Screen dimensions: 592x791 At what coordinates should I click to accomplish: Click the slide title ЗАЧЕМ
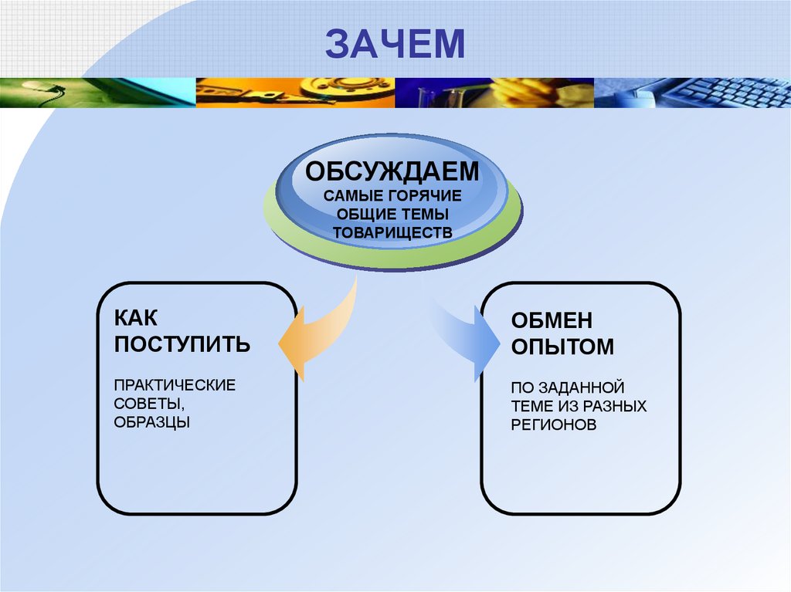395,44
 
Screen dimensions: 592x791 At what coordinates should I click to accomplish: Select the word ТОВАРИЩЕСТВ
392,232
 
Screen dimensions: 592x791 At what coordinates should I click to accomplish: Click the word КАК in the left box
135,317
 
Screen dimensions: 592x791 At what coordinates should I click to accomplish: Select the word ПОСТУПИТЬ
182,343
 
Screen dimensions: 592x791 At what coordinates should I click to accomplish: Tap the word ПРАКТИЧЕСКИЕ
175,384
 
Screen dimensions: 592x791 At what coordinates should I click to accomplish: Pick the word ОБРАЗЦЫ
151,422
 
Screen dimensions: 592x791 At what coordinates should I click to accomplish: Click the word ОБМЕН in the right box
552,321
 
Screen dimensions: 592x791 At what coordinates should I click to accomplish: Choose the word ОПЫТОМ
562,347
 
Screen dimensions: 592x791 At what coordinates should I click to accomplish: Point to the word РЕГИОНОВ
553,425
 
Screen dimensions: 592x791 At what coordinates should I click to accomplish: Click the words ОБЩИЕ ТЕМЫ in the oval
392,213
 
